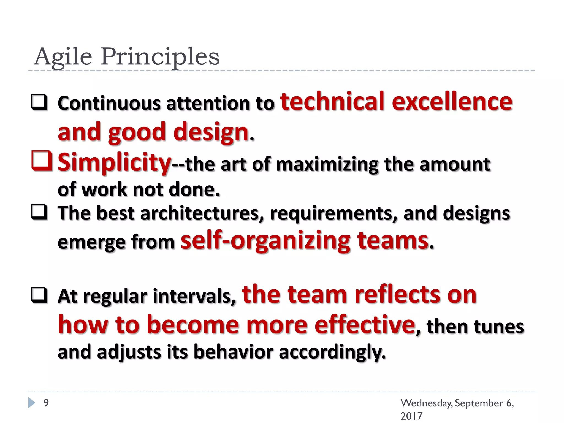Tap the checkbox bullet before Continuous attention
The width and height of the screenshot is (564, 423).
(39, 102)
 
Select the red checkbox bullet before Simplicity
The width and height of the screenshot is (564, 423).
(42, 161)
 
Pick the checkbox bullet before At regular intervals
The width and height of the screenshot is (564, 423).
(39, 295)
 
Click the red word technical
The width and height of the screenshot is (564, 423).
(332, 101)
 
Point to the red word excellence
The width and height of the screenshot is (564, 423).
(452, 101)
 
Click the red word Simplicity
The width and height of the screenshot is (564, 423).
(114, 162)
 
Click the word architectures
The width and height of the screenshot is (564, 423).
(202, 213)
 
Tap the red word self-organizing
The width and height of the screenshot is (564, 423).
(265, 240)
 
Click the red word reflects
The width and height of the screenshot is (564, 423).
(397, 295)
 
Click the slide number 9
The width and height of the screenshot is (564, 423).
(46, 403)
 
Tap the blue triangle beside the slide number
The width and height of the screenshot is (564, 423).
(32, 403)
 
